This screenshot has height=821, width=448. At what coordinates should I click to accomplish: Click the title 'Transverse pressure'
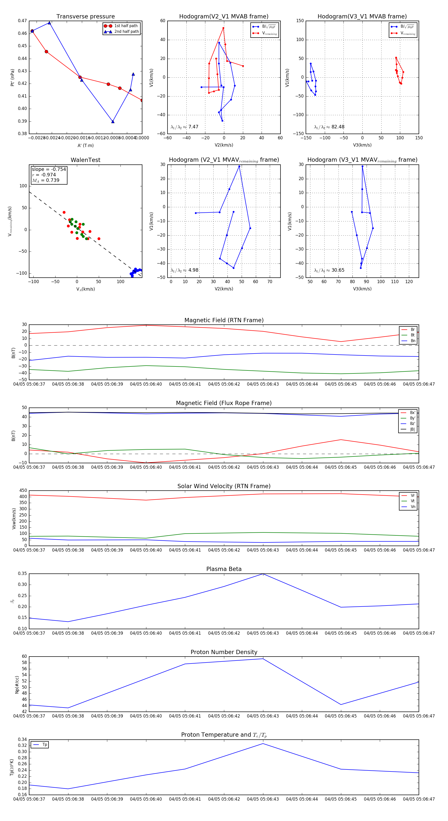(x=85, y=17)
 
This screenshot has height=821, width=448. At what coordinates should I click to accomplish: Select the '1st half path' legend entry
(x=126, y=26)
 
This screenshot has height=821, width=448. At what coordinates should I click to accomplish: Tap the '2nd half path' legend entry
(x=126, y=32)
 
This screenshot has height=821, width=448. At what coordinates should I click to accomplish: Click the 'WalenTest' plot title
(x=85, y=160)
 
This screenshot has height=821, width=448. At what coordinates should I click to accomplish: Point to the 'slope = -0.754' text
(x=49, y=169)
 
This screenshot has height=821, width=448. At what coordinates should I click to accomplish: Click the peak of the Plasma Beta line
(x=263, y=574)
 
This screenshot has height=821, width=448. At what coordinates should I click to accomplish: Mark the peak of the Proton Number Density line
(x=263, y=659)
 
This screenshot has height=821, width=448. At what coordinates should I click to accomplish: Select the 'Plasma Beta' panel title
(x=224, y=569)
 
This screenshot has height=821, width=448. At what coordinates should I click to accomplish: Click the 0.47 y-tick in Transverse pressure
(x=22, y=21)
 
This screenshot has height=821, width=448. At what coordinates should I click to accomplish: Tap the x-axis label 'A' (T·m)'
(x=85, y=145)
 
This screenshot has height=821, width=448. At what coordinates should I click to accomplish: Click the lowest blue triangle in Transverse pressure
(x=112, y=121)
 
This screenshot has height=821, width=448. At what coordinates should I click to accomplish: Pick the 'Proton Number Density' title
(x=224, y=652)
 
